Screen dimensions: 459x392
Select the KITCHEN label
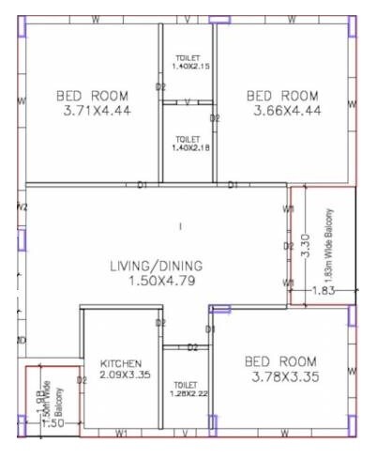(x=121, y=363)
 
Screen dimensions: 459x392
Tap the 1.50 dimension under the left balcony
(x=53, y=424)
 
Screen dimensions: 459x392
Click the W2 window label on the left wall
(x=23, y=207)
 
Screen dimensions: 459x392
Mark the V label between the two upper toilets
(x=188, y=101)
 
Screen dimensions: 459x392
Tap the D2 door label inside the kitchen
(x=82, y=380)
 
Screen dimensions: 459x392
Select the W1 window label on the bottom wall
(x=122, y=433)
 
